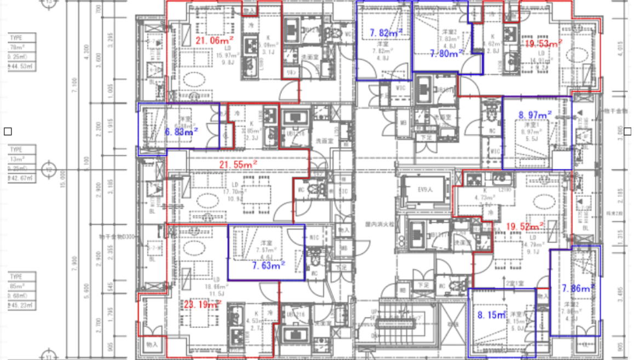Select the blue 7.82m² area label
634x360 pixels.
[386, 33]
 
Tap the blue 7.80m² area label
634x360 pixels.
[447, 54]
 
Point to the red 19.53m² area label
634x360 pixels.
[544, 43]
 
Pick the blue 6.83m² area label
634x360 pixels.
[181, 132]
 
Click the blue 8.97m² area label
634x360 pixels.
[535, 115]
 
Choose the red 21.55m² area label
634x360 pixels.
[238, 164]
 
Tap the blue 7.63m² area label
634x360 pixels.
[269, 266]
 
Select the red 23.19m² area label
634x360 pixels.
[203, 304]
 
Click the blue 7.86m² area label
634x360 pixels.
[578, 288]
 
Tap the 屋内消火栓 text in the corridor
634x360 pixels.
[376, 224]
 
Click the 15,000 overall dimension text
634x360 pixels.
[64, 178]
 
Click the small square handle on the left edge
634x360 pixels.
[8, 131]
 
